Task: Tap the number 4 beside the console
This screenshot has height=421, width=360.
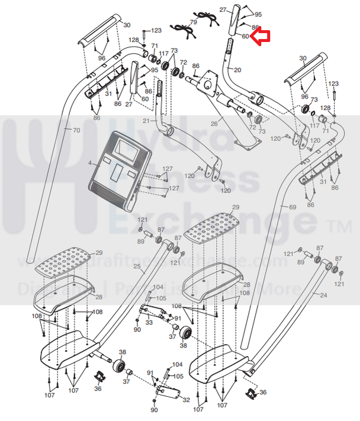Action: point(90,162)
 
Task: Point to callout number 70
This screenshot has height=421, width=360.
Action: point(76,130)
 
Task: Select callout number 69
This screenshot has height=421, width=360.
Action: point(291,207)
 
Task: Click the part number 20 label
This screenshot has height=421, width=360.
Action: point(237,70)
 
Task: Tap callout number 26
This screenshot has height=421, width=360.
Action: point(214,124)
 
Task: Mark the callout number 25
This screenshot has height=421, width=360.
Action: point(137,267)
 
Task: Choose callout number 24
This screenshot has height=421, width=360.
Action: point(323,294)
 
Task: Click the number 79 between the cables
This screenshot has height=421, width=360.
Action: point(193,22)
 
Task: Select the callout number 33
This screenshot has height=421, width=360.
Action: point(149,322)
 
